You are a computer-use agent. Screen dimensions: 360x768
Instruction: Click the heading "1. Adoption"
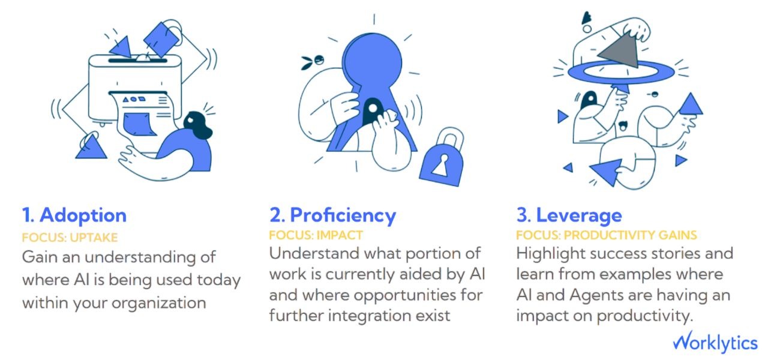click(x=74, y=215)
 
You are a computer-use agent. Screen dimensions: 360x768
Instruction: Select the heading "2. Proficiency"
click(x=332, y=215)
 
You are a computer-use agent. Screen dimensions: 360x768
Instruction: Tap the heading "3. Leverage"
click(x=569, y=215)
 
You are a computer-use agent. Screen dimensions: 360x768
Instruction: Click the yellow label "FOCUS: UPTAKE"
click(x=70, y=237)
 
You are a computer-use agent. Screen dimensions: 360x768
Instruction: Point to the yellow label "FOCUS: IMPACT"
click(x=316, y=235)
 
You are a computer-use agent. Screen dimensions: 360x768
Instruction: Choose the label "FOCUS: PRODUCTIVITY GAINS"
click(x=606, y=235)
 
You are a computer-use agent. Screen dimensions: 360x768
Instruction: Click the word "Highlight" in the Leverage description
click(x=551, y=253)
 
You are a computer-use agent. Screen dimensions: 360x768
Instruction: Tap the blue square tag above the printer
click(x=160, y=38)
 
